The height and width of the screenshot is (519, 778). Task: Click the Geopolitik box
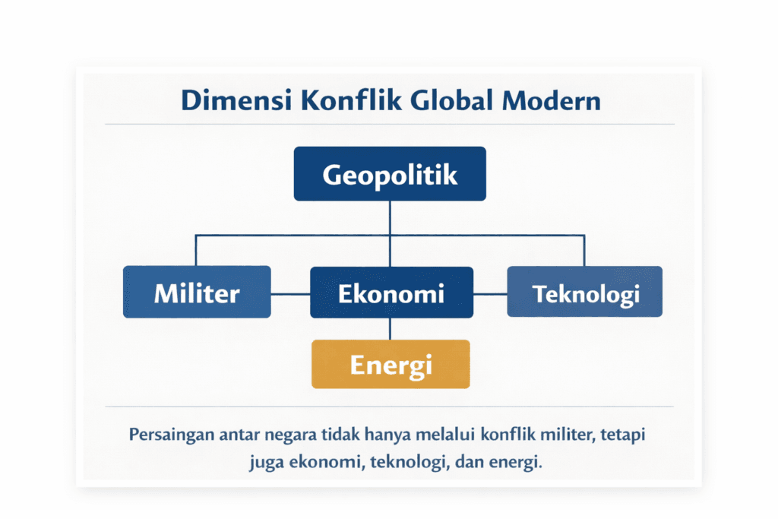[390, 174]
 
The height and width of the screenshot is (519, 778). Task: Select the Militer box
[197, 293]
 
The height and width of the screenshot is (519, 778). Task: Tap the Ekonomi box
[391, 293]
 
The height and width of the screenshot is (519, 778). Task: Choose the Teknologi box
[584, 293]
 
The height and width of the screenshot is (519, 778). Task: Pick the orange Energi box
[391, 364]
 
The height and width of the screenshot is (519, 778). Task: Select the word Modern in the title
[552, 100]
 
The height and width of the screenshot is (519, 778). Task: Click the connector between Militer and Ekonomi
[290, 293]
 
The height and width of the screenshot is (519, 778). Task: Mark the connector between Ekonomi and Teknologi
[490, 293]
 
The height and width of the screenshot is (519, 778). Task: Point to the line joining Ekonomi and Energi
[390, 328]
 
